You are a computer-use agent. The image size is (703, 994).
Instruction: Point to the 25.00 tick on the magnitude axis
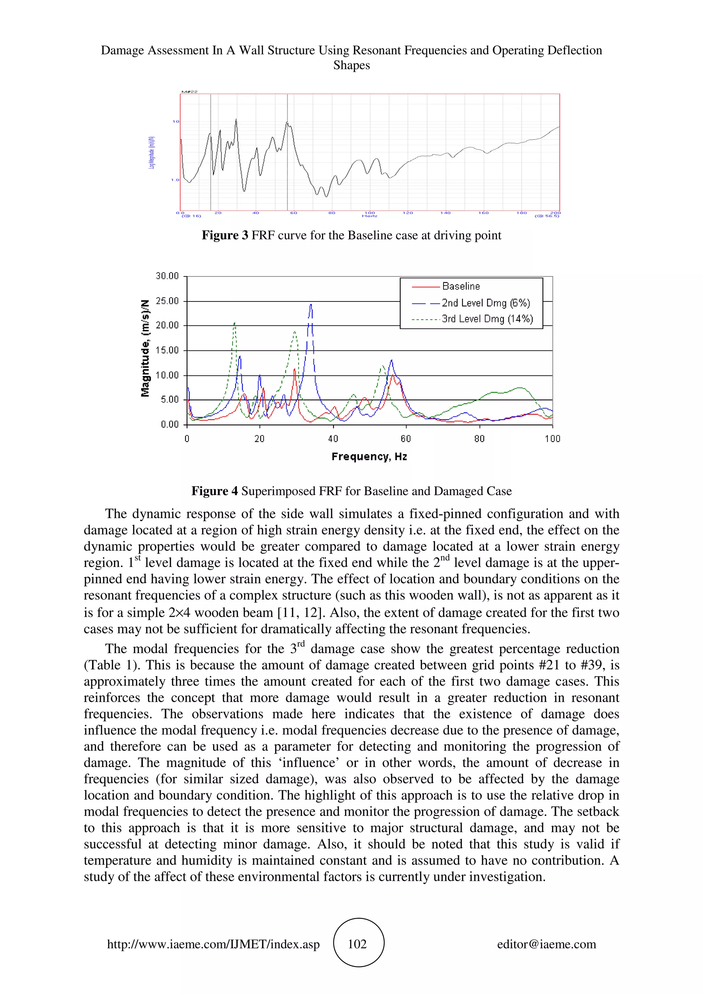pyautogui.click(x=167, y=301)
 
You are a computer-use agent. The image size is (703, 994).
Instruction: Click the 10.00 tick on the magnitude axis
pyautogui.click(x=167, y=375)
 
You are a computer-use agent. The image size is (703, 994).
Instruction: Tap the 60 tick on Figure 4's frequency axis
pyautogui.click(x=406, y=439)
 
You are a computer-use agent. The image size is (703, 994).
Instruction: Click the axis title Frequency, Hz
pyautogui.click(x=369, y=456)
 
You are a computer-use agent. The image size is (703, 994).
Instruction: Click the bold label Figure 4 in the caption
pyautogui.click(x=215, y=491)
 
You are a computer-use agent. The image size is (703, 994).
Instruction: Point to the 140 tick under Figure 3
pyautogui.click(x=445, y=213)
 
